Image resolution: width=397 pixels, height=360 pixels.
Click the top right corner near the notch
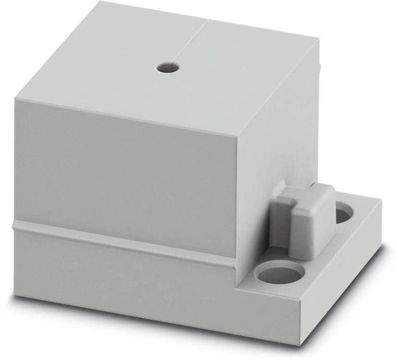click(318, 41)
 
